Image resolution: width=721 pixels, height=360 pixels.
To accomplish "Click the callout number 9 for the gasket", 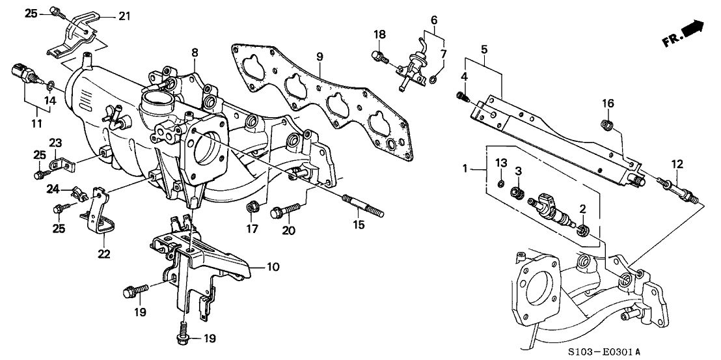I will coord(320,57).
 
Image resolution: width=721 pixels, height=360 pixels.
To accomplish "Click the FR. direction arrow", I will coord(684,34).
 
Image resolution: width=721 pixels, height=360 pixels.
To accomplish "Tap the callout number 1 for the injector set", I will coord(482,169).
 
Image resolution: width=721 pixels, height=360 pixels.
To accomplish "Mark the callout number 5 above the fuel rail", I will coord(483,48).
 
